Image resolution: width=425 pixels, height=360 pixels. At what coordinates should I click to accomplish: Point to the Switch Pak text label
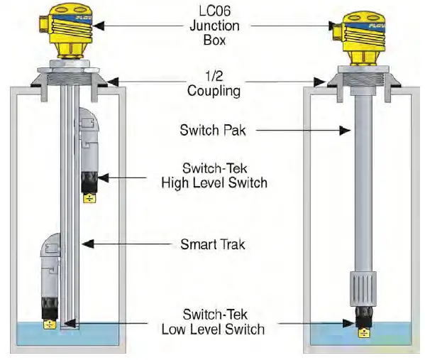[x=214, y=130]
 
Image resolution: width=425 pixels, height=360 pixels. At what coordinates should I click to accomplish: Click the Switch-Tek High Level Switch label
[x=214, y=176]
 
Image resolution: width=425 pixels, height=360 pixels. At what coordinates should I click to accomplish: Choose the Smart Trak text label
[x=214, y=244]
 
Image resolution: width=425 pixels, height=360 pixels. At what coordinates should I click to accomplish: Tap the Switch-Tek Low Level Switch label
[x=214, y=322]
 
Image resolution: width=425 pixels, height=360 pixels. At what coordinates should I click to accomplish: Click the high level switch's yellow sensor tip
[x=91, y=198]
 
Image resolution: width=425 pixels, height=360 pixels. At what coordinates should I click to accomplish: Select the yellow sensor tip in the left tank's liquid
[x=50, y=324]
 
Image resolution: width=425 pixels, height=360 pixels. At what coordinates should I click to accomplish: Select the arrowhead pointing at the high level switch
[x=102, y=176]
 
